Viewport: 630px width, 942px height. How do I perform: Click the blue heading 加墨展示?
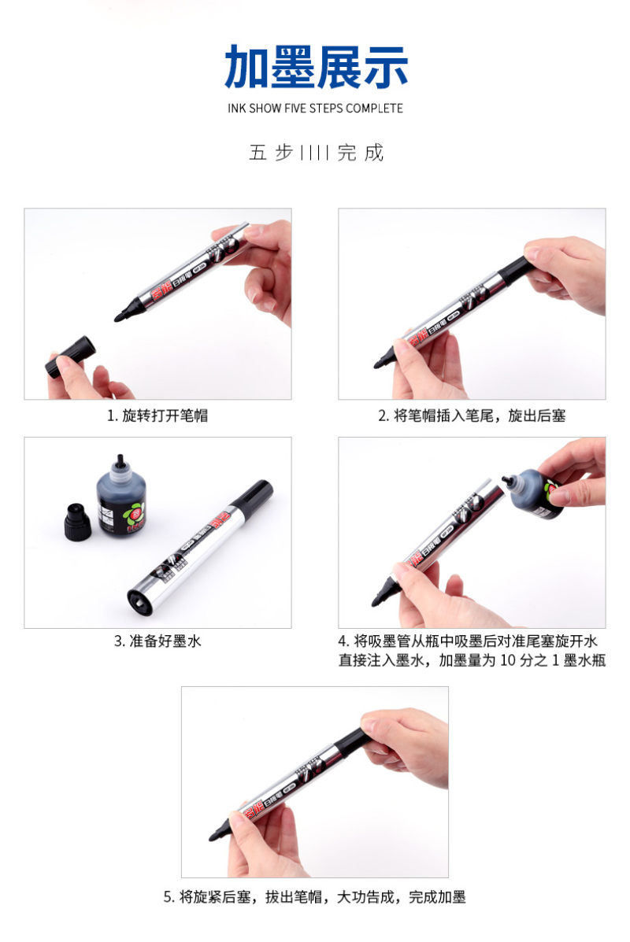coord(317,67)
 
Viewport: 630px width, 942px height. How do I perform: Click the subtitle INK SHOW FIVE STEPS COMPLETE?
coord(315,109)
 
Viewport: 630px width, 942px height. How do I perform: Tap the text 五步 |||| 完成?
coord(317,153)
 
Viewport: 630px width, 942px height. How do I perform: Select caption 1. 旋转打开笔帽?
coord(157,416)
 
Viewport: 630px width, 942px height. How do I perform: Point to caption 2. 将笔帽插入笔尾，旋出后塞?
coord(472,416)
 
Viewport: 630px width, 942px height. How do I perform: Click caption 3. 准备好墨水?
coord(157,641)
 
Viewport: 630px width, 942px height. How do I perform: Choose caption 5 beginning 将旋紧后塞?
coord(315,897)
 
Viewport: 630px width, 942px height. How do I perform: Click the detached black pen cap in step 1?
coord(70,356)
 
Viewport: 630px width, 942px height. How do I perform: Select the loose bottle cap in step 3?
coord(77,522)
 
